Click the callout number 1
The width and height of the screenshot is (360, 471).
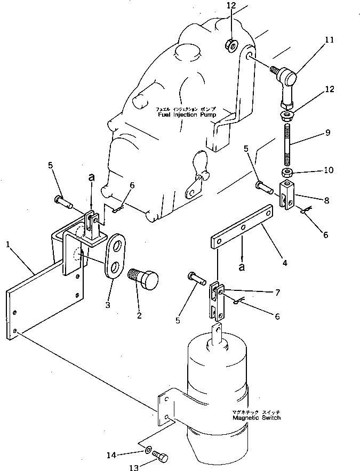(x=7, y=245)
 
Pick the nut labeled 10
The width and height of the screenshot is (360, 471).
(x=287, y=172)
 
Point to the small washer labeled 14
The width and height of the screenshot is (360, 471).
(x=148, y=450)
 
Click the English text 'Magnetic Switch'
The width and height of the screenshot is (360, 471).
(x=256, y=418)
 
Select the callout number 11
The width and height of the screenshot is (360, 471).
(x=329, y=40)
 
